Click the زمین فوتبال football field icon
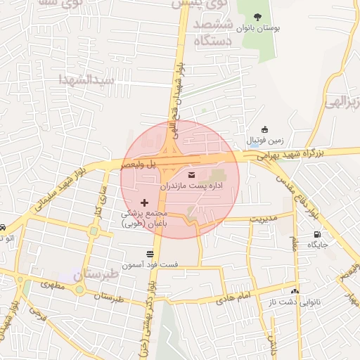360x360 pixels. (x=264, y=130)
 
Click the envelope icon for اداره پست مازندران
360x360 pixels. (x=191, y=174)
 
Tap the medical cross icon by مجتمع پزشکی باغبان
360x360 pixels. (x=145, y=202)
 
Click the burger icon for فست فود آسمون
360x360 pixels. (x=149, y=254)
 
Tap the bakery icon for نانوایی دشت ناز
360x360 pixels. (x=295, y=291)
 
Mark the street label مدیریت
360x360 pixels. (x=265, y=218)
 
